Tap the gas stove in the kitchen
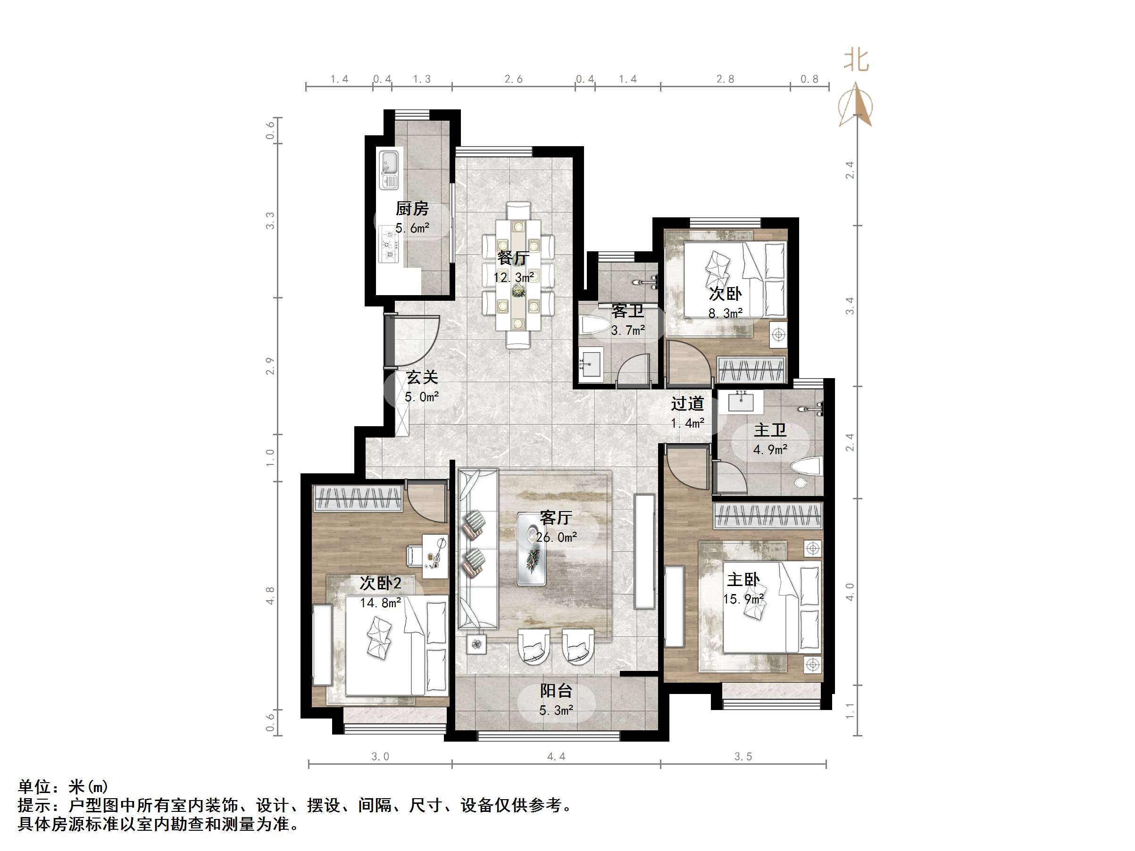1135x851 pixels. [389, 245]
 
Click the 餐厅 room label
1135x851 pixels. [513, 258]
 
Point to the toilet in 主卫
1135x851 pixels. [806, 468]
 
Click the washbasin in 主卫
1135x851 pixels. [741, 402]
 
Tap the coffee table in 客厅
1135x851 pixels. [532, 549]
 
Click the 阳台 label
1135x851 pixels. [556, 691]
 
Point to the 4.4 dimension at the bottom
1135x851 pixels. [556, 757]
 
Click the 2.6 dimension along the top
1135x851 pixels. [513, 79]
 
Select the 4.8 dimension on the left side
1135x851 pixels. [270, 595]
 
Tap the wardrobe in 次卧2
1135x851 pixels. [358, 498]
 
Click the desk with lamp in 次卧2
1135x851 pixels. [434, 552]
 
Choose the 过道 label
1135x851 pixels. [686, 404]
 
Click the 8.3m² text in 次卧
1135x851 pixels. [725, 313]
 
